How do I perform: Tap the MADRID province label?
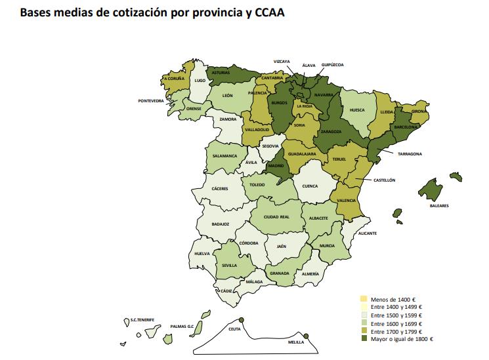[276, 166]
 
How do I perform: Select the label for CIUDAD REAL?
[276, 216]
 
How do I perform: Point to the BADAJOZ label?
[221, 224]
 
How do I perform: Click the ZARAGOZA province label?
[331, 131]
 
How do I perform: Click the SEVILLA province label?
[230, 266]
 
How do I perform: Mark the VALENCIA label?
[347, 200]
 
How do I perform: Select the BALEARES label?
[440, 206]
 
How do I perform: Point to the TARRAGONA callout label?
[409, 153]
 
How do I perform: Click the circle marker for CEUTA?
[242, 320]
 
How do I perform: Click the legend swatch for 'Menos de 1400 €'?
[364, 298]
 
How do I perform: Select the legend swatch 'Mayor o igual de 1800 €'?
[364, 339]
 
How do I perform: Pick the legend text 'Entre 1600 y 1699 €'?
[392, 323]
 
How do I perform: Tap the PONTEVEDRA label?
[151, 101]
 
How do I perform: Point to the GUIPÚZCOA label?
[331, 65]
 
